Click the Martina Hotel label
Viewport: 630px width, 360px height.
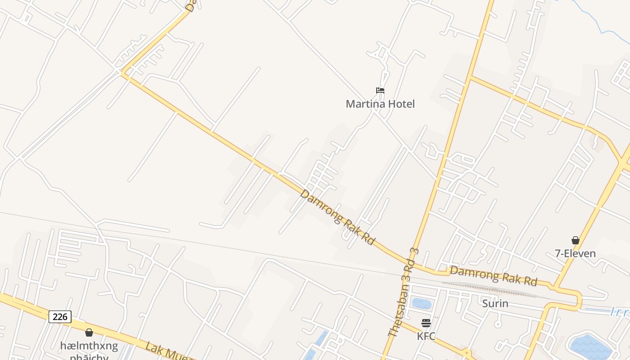pos(380,104)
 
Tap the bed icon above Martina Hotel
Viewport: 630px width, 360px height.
pos(380,90)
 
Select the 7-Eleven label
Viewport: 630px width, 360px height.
pos(575,253)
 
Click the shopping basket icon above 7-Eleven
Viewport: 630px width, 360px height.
pos(575,240)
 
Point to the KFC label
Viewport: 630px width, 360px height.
pos(426,336)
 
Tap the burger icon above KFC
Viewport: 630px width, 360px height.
pos(426,323)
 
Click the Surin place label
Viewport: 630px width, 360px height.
pos(495,304)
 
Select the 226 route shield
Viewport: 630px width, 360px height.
pos(60,317)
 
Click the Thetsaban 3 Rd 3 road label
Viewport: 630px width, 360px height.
pos(404,292)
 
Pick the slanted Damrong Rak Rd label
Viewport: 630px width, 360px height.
pos(337,217)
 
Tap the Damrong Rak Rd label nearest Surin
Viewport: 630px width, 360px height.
pos(494,276)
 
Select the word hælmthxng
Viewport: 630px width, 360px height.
pos(89,346)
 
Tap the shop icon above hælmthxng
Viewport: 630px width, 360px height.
pos(89,333)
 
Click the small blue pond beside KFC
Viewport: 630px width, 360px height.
pos(422,304)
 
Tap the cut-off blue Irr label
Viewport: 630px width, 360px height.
pos(620,312)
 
